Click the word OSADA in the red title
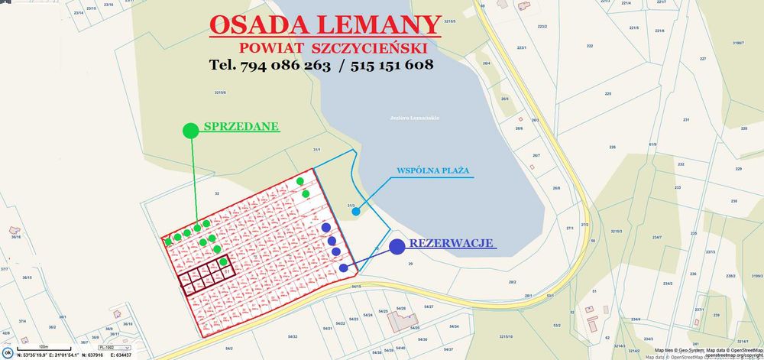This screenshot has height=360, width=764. coord(259,24)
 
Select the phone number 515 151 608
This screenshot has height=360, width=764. coord(392,65)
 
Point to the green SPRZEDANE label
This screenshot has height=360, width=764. coord(241,127)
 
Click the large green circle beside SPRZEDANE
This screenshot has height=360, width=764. coord(191,131)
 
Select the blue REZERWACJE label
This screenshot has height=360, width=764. coord(452,244)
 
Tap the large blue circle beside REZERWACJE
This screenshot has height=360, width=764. coord(397,246)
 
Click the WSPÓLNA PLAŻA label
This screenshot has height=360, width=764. coord(433,170)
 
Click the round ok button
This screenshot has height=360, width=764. coord(8,352)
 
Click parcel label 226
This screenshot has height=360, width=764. coord(612,147)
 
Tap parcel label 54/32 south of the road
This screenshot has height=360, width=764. coord(292,336)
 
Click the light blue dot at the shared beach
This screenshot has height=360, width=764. coord(356,211)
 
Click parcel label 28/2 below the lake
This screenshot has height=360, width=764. coord(512,282)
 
